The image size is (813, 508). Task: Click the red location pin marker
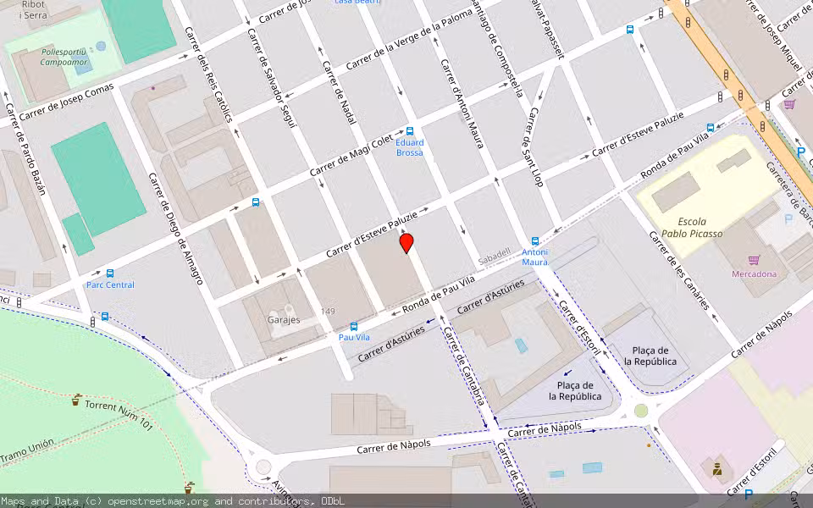[x=406, y=243]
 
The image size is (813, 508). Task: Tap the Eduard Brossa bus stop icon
[x=410, y=131]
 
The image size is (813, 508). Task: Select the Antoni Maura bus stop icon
[x=534, y=241]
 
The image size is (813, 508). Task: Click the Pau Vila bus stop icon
[x=353, y=326]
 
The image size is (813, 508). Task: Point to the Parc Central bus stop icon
[x=110, y=273]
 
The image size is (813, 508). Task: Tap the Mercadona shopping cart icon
[x=754, y=261]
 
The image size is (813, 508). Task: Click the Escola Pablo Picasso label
[x=692, y=228]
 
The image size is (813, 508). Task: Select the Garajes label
[x=284, y=320]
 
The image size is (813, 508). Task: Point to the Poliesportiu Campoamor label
[x=64, y=57]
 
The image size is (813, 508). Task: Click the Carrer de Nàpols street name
[x=394, y=444]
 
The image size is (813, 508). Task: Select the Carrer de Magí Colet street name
[x=351, y=153]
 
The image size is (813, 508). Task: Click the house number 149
[x=328, y=312]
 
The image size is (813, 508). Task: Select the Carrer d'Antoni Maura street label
[x=462, y=102]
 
